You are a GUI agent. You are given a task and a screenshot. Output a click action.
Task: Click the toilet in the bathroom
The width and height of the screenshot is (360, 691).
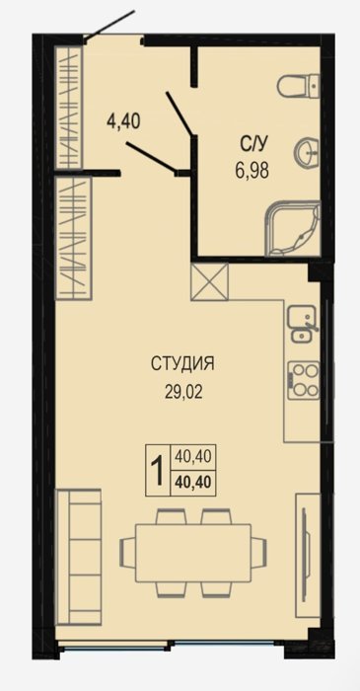pos(298,85)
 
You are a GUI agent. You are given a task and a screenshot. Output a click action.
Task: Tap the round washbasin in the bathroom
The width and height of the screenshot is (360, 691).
pos(307,152)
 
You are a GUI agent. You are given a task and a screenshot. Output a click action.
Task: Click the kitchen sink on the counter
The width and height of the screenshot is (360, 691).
pos(302,324)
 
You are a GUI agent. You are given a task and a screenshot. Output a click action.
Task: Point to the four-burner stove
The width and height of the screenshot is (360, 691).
pos(303,380)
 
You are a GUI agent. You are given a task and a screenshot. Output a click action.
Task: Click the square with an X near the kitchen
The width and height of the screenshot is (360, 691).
pos(209,281)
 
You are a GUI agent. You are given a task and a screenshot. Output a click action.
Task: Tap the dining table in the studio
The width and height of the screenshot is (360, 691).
pos(193,553)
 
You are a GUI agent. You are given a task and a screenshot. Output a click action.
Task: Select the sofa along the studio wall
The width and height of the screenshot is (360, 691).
pos(78,557)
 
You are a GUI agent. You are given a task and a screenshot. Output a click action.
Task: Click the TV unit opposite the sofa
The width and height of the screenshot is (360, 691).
pos(307,555)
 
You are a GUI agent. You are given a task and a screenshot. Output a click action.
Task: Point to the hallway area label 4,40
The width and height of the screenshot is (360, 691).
pos(123,120)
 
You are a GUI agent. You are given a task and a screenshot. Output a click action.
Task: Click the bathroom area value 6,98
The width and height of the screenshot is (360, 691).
pos(252,169)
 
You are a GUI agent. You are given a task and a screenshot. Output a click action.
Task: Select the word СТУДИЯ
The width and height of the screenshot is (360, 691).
pos(182,364)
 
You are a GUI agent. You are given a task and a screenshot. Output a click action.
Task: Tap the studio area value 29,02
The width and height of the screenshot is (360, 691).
pos(183,391)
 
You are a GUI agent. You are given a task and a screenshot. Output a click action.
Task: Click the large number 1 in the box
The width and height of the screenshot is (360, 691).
pos(158,471)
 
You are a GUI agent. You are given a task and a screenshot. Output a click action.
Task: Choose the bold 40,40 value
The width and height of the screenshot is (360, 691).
pos(192,483)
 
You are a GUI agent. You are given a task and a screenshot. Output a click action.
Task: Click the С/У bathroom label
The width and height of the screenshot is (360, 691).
pos(252,143)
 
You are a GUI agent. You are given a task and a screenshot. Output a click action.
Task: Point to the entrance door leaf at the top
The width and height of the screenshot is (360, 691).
pos(109,26)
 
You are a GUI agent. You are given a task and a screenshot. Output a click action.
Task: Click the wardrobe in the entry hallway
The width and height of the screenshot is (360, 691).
pos(69,107)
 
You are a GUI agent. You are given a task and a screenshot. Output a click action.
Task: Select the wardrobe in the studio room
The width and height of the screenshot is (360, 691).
pos(73,238)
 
